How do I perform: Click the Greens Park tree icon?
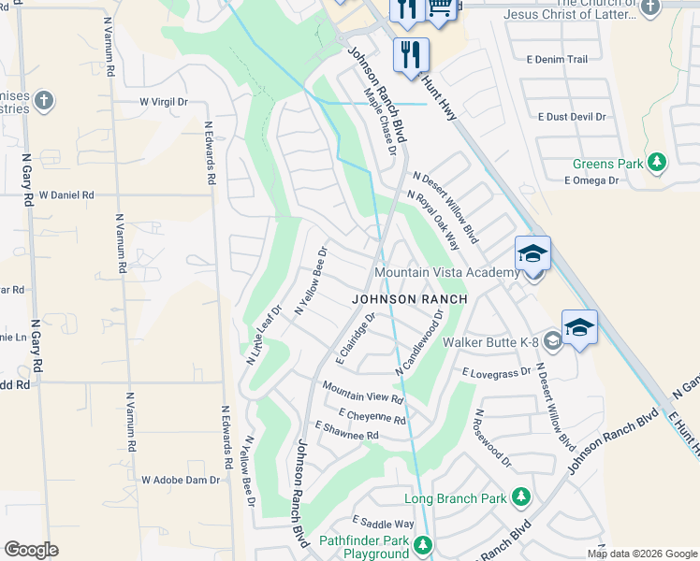point(658,164)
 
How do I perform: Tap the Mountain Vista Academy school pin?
point(532,254)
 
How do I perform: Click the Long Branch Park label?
point(455,498)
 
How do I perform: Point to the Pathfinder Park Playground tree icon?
point(424,544)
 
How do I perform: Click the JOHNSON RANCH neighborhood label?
point(410,299)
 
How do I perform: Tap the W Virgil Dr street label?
point(164,101)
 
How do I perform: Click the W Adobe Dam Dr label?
point(180,480)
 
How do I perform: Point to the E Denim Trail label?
point(557,59)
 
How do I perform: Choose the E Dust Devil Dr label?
point(572,117)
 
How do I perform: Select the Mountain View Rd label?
point(362,392)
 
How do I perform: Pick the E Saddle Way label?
point(383,524)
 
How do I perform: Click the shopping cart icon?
point(442,9)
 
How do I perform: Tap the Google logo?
point(31,550)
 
